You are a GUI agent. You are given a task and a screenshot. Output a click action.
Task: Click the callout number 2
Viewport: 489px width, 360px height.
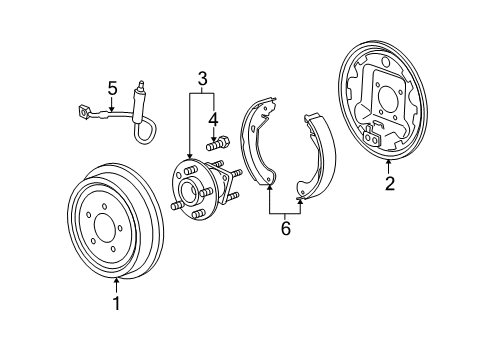389,183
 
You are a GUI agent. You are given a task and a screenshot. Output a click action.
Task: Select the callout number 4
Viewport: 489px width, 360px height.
213,118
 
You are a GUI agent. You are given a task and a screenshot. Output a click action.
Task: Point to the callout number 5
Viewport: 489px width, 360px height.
113,88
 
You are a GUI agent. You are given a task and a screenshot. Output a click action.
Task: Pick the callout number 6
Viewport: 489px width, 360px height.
284,229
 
